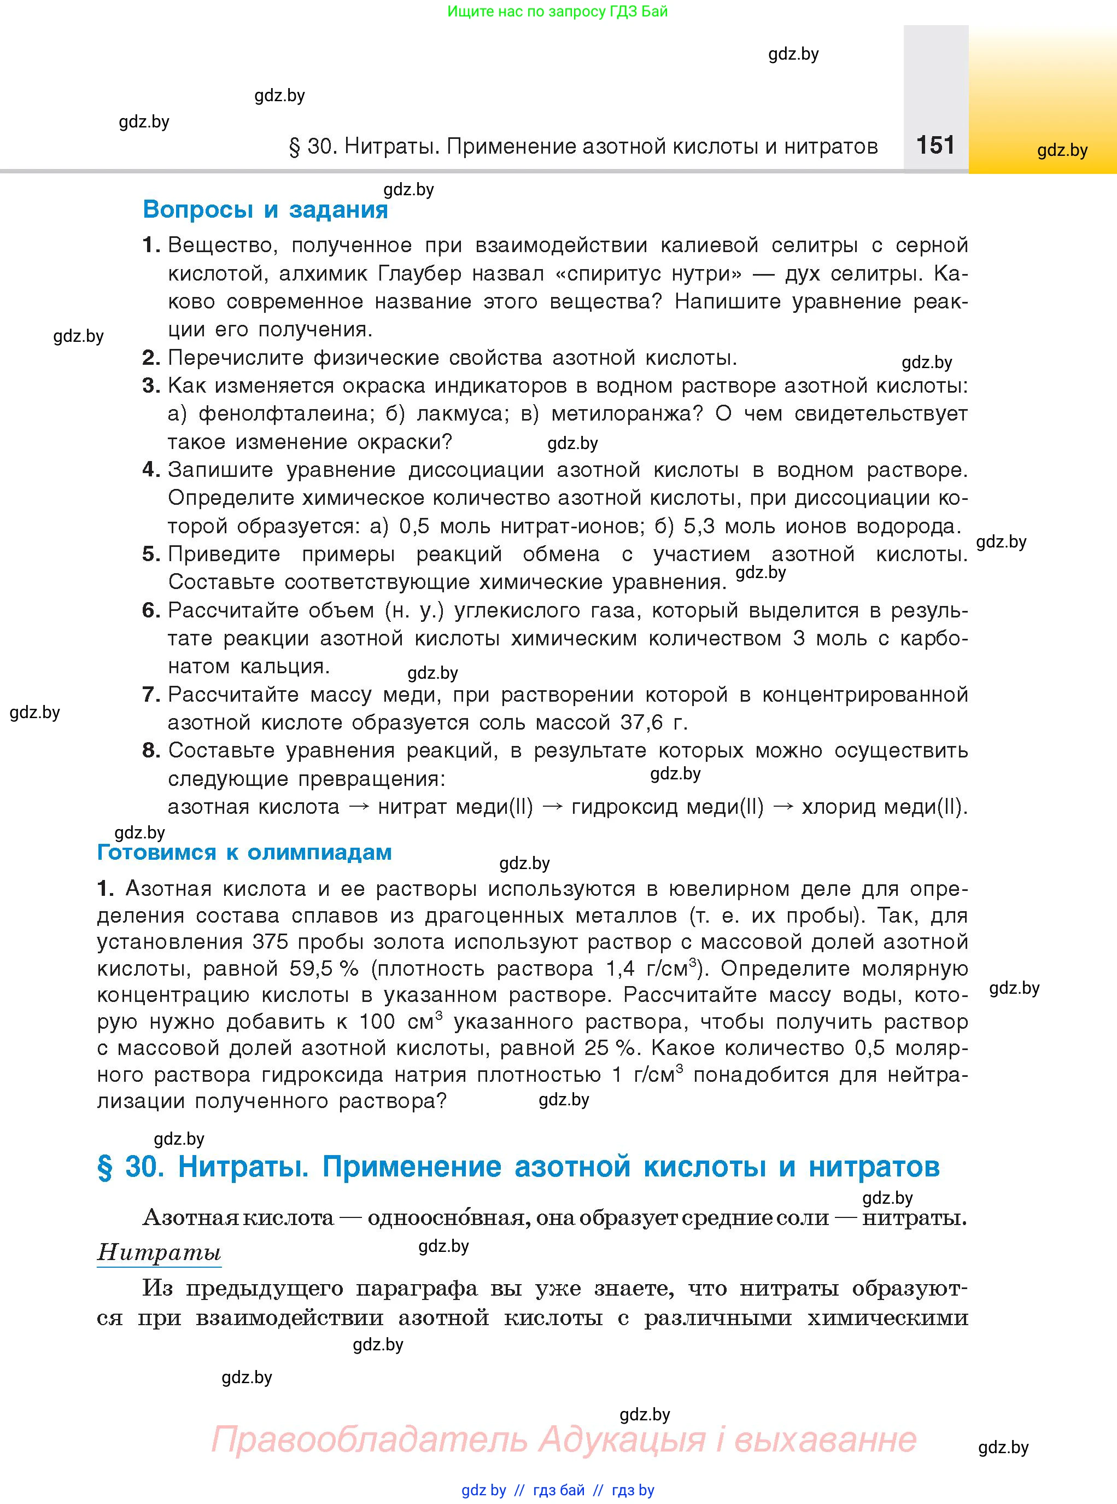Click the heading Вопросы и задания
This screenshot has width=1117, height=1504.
click(x=265, y=209)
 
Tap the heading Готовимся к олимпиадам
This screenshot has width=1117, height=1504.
click(x=244, y=852)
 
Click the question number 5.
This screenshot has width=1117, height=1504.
click(x=151, y=555)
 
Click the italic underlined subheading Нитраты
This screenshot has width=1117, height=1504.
click(x=160, y=1252)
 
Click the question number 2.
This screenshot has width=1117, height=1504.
click(x=151, y=358)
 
